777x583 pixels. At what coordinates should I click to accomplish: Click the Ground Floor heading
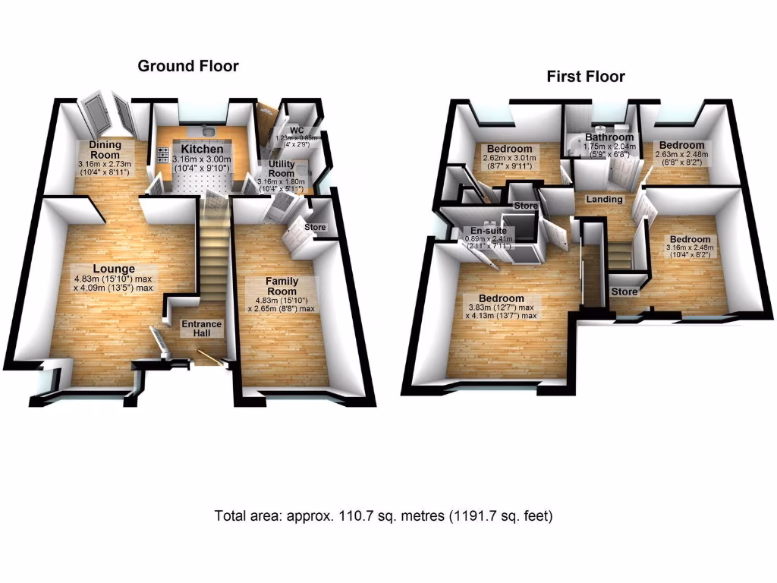tap(187, 66)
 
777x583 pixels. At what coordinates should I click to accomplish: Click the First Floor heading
tap(586, 76)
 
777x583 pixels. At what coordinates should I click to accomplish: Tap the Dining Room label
tap(105, 150)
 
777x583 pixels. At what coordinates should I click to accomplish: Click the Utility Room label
tap(282, 169)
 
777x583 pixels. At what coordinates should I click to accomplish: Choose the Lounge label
tap(114, 268)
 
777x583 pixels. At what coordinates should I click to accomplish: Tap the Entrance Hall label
tap(201, 329)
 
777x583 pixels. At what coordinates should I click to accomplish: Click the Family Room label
tap(282, 286)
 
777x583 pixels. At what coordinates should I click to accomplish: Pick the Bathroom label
tap(604, 137)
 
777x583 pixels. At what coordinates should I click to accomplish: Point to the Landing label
tap(605, 199)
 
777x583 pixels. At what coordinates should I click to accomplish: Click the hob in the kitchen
tap(163, 155)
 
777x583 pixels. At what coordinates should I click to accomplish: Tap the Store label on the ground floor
tap(314, 227)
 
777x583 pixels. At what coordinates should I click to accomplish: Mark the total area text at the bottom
tap(384, 516)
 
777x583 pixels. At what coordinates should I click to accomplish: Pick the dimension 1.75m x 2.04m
tap(604, 147)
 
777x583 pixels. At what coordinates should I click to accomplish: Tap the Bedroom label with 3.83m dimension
tap(496, 298)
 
